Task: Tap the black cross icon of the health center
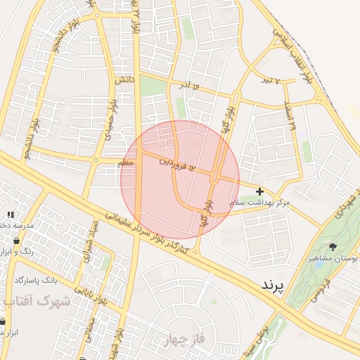pyautogui.click(x=260, y=191)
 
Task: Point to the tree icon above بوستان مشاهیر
pyautogui.click(x=333, y=247)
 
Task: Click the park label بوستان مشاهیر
pyautogui.click(x=333, y=258)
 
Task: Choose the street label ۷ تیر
pyautogui.click(x=271, y=80)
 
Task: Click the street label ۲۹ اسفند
pyautogui.click(x=292, y=117)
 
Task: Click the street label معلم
pyautogui.click(x=125, y=163)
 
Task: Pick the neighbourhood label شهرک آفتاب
pyautogui.click(x=35, y=301)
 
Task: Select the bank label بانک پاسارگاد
pyautogui.click(x=36, y=280)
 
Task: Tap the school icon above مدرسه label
pyautogui.click(x=10, y=214)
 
